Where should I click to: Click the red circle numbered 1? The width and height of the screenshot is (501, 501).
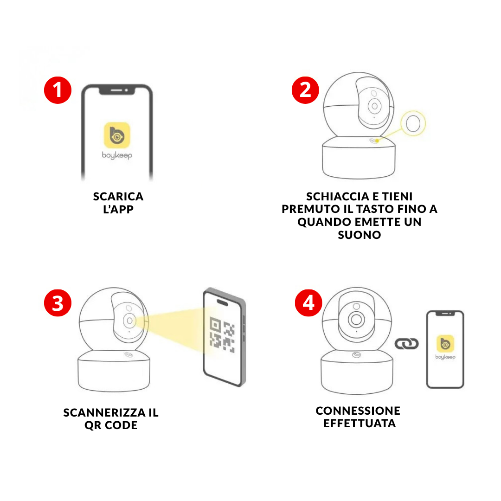click(x=58, y=89)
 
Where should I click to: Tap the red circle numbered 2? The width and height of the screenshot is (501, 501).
click(x=305, y=89)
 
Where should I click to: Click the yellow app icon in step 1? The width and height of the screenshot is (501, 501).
click(x=117, y=135)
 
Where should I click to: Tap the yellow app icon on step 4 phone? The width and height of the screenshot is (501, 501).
click(x=445, y=344)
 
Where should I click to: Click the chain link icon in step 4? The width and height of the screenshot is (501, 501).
click(x=406, y=344)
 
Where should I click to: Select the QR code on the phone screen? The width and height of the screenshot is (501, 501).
click(x=222, y=334)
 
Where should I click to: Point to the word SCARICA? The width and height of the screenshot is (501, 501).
click(x=118, y=196)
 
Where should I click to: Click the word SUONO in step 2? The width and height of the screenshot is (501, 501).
click(x=359, y=235)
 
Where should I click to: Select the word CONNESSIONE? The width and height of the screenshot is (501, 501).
click(x=358, y=411)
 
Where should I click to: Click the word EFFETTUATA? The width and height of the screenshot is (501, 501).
click(x=360, y=424)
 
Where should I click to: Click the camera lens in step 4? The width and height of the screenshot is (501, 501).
click(x=356, y=320)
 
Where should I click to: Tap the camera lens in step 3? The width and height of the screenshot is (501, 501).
click(x=129, y=321)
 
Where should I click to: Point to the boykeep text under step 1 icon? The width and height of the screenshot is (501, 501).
click(x=117, y=155)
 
